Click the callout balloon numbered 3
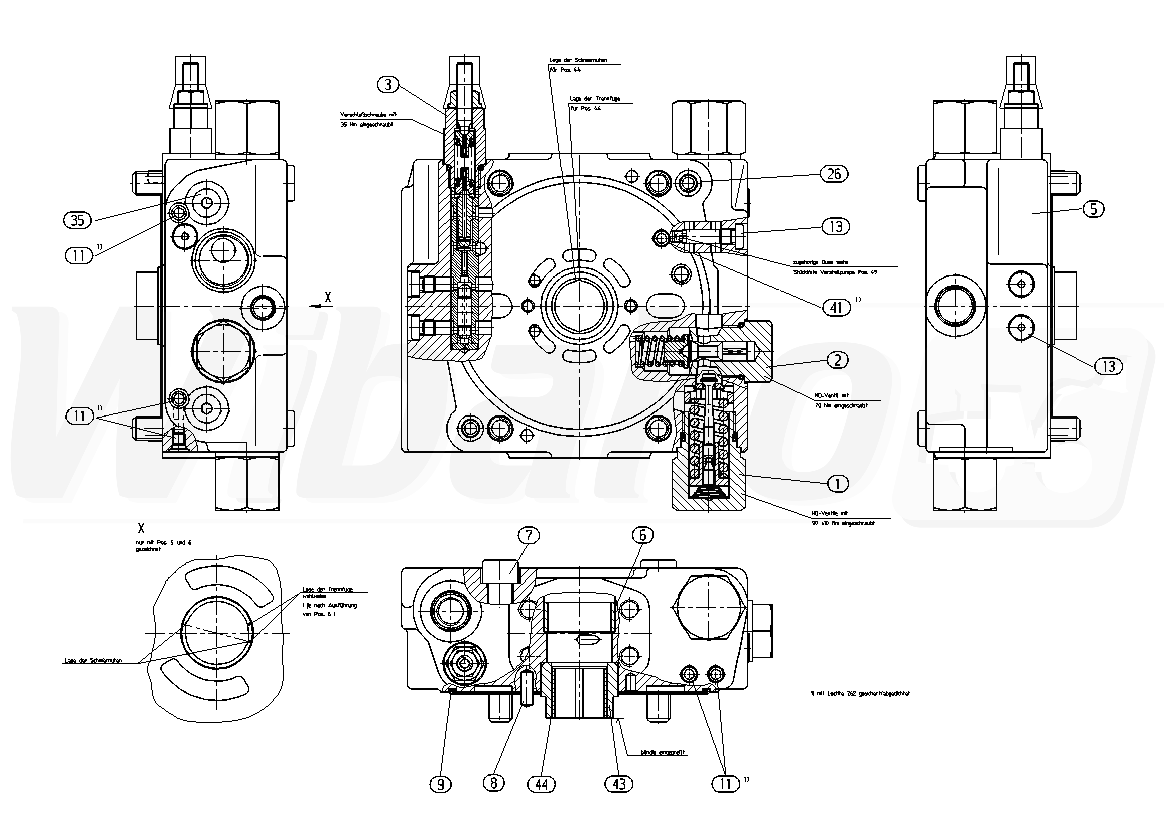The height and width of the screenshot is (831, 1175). tap(388, 84)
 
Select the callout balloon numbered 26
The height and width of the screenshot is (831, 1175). tap(834, 174)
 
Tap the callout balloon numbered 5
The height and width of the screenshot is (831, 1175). tap(1093, 209)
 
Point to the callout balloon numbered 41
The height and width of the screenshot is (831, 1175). tap(836, 307)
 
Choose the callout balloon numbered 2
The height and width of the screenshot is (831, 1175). tap(837, 360)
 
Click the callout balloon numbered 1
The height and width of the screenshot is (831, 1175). tap(837, 484)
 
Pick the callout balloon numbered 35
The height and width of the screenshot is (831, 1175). tap(77, 220)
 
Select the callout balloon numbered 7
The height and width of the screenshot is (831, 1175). tap(529, 536)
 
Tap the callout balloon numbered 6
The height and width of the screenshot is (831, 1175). tap(643, 536)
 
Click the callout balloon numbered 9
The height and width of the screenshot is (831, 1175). tap(441, 784)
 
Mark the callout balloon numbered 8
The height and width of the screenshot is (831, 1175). tap(493, 783)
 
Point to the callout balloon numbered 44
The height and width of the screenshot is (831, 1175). tap(541, 784)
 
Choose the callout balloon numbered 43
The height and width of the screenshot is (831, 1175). tap(619, 783)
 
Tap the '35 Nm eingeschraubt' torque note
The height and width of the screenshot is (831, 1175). tap(366, 125)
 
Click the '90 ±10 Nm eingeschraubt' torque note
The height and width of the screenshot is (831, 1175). tap(843, 523)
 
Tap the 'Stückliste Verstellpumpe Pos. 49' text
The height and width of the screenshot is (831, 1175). tap(835, 272)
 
